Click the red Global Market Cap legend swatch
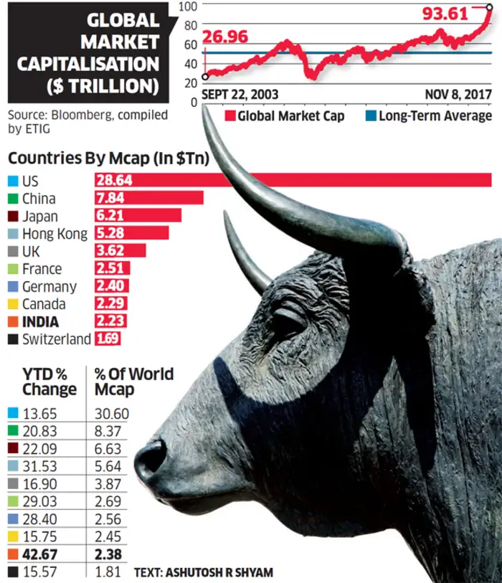click(229, 116)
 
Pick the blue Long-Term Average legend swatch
click(370, 116)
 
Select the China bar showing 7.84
click(149, 198)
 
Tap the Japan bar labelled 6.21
click(138, 215)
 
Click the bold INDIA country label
click(41, 321)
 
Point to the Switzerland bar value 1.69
click(108, 338)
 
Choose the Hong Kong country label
click(55, 233)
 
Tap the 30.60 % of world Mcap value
click(112, 414)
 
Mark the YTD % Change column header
click(49, 381)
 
